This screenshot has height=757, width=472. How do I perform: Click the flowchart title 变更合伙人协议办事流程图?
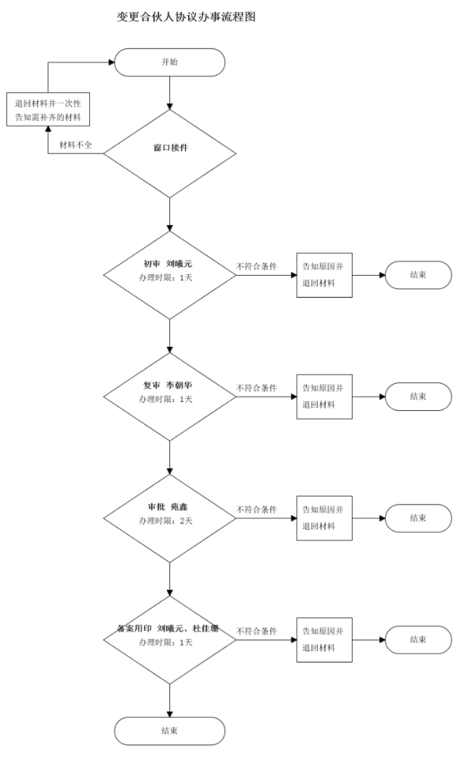186,16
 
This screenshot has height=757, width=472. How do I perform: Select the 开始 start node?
169,62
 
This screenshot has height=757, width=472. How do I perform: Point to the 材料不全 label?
76,144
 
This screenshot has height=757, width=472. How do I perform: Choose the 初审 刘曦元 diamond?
169,270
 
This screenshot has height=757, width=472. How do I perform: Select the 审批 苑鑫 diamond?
169,514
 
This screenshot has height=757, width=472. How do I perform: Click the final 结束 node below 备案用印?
169,731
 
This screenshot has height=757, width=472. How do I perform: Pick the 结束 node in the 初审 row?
418,275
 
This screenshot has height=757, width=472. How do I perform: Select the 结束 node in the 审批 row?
418,518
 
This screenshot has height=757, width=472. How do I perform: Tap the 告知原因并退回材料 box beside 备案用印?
324,640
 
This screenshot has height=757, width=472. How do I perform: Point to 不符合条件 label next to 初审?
256,267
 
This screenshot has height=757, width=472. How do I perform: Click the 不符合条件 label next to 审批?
256,510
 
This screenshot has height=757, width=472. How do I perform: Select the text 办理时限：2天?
165,521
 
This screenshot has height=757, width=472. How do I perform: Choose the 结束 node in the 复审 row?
418,397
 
